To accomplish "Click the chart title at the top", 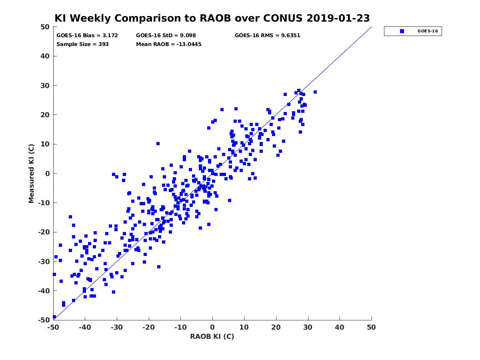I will [212, 18].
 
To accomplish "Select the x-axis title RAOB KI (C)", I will [212, 336].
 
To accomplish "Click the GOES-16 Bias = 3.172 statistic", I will [87, 35].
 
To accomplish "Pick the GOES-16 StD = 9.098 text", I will [166, 35].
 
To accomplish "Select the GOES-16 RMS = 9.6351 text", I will [267, 35].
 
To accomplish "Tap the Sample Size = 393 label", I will [82, 44].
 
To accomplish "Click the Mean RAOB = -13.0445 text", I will [169, 44].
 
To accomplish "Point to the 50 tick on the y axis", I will [45, 27].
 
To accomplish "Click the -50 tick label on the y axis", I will [44, 320].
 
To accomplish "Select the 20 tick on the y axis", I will [45, 115].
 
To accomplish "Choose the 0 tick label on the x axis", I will [212, 327].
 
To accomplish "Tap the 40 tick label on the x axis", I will [340, 327].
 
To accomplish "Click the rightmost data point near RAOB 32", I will [315, 92].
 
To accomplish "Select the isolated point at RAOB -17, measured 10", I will [158, 144].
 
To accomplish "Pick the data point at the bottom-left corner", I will [54, 317].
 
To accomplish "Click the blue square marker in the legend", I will [402, 31].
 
